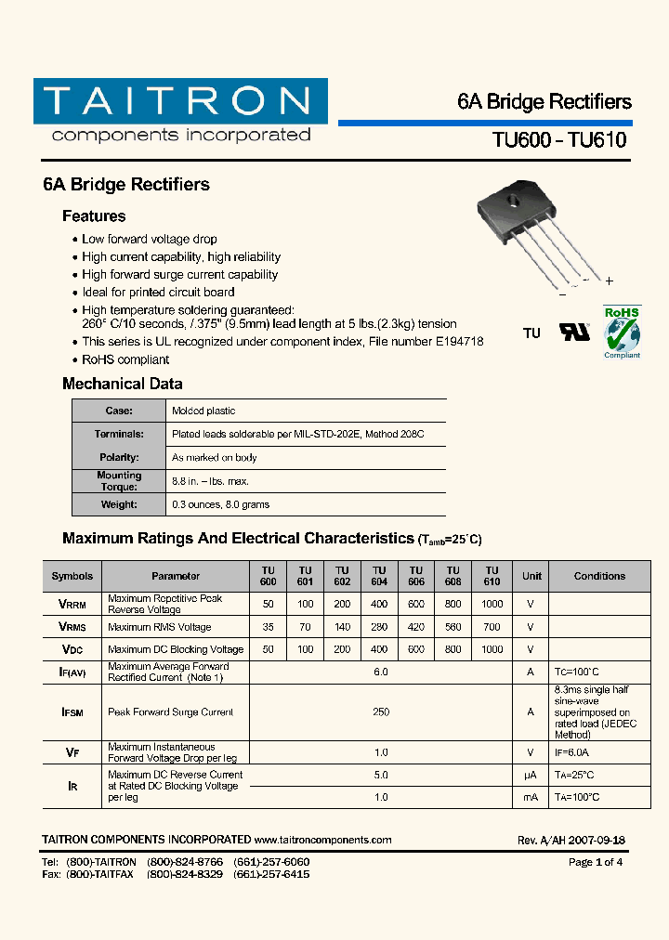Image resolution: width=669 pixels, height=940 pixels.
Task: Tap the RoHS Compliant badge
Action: pos(622,332)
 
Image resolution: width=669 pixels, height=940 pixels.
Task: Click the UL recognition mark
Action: pos(573,333)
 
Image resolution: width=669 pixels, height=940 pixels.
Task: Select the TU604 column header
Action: pos(379,576)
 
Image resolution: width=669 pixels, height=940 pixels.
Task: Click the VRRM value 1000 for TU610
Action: pos(492,604)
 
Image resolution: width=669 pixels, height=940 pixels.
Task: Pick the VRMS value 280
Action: pos(379,627)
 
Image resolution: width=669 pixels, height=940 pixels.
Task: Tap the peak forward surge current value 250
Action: pos(380,712)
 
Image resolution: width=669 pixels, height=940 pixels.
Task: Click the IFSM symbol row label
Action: pos(72,712)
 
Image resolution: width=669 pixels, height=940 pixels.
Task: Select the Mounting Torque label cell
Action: pos(119,481)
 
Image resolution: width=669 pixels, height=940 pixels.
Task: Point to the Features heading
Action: pos(94,216)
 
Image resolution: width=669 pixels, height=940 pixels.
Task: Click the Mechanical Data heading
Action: pos(122,384)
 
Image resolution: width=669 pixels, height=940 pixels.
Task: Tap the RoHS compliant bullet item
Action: pos(125,359)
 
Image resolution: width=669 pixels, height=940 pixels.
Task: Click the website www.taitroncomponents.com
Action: pos(322,840)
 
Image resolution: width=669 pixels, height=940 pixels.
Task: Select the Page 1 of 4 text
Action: pos(595,862)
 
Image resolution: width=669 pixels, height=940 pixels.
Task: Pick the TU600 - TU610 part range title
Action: pos(558,140)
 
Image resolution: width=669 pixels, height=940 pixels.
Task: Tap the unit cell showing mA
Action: pos(531,797)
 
